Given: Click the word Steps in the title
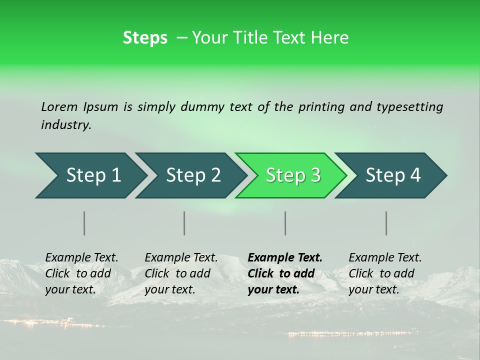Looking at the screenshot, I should (145, 38).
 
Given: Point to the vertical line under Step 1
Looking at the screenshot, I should (84, 223).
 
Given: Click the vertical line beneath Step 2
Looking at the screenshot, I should (184, 223).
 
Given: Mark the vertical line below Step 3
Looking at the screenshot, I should (285, 223).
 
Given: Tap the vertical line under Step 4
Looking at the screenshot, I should (386, 223).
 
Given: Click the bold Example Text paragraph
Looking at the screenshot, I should (285, 273).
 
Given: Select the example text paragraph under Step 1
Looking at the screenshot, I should (81, 273).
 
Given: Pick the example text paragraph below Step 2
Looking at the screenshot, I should (181, 273).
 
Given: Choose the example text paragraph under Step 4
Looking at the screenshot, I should (385, 273).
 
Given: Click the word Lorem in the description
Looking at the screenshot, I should (59, 106).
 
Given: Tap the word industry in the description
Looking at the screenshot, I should (66, 125).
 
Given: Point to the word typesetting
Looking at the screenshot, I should (409, 107).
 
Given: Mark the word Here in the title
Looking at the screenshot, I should (330, 38).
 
